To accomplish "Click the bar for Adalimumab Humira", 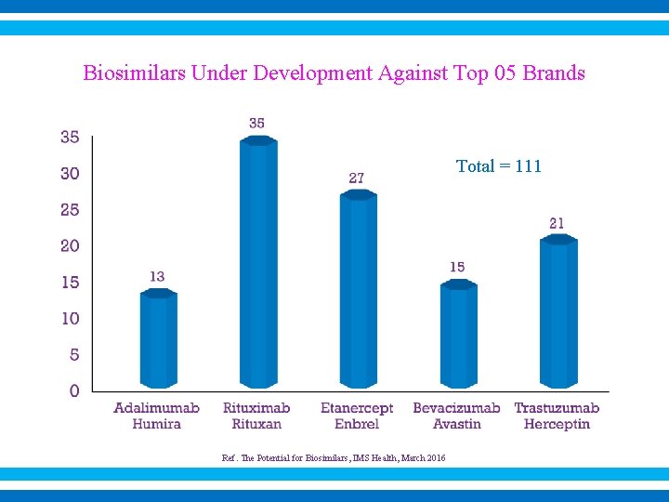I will coord(158,339).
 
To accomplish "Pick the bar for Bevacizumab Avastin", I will coord(458,335).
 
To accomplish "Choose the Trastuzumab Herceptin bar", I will coord(558,312).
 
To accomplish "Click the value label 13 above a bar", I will coord(157,276).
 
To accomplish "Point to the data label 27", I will coord(357,178).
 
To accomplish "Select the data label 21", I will coord(557,223).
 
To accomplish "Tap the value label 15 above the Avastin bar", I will coord(457,267).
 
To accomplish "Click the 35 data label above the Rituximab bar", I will coord(257,123).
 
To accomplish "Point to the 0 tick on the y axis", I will coord(74,390).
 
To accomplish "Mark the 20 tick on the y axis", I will coord(71,245).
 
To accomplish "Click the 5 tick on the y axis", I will coord(74,354).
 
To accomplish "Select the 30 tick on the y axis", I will coord(71,173).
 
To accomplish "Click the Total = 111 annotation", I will coord(498,166).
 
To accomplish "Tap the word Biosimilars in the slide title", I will coord(135,73).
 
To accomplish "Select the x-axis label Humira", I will coord(156,424).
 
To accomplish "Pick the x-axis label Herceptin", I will coord(557,424).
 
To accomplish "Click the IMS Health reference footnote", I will coord(334,457).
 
